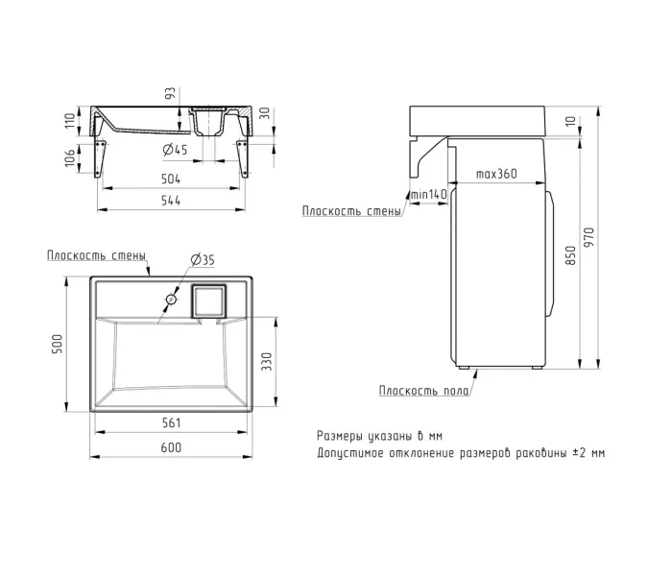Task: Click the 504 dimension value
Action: click(x=171, y=179)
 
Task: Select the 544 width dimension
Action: click(x=171, y=201)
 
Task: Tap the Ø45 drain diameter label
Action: click(x=175, y=149)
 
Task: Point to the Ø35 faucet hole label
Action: click(x=203, y=260)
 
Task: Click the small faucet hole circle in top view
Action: click(x=171, y=300)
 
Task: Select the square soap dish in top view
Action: click(x=208, y=300)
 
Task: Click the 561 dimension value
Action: click(x=171, y=422)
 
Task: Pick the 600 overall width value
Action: click(x=171, y=447)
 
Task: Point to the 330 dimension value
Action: click(x=267, y=362)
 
